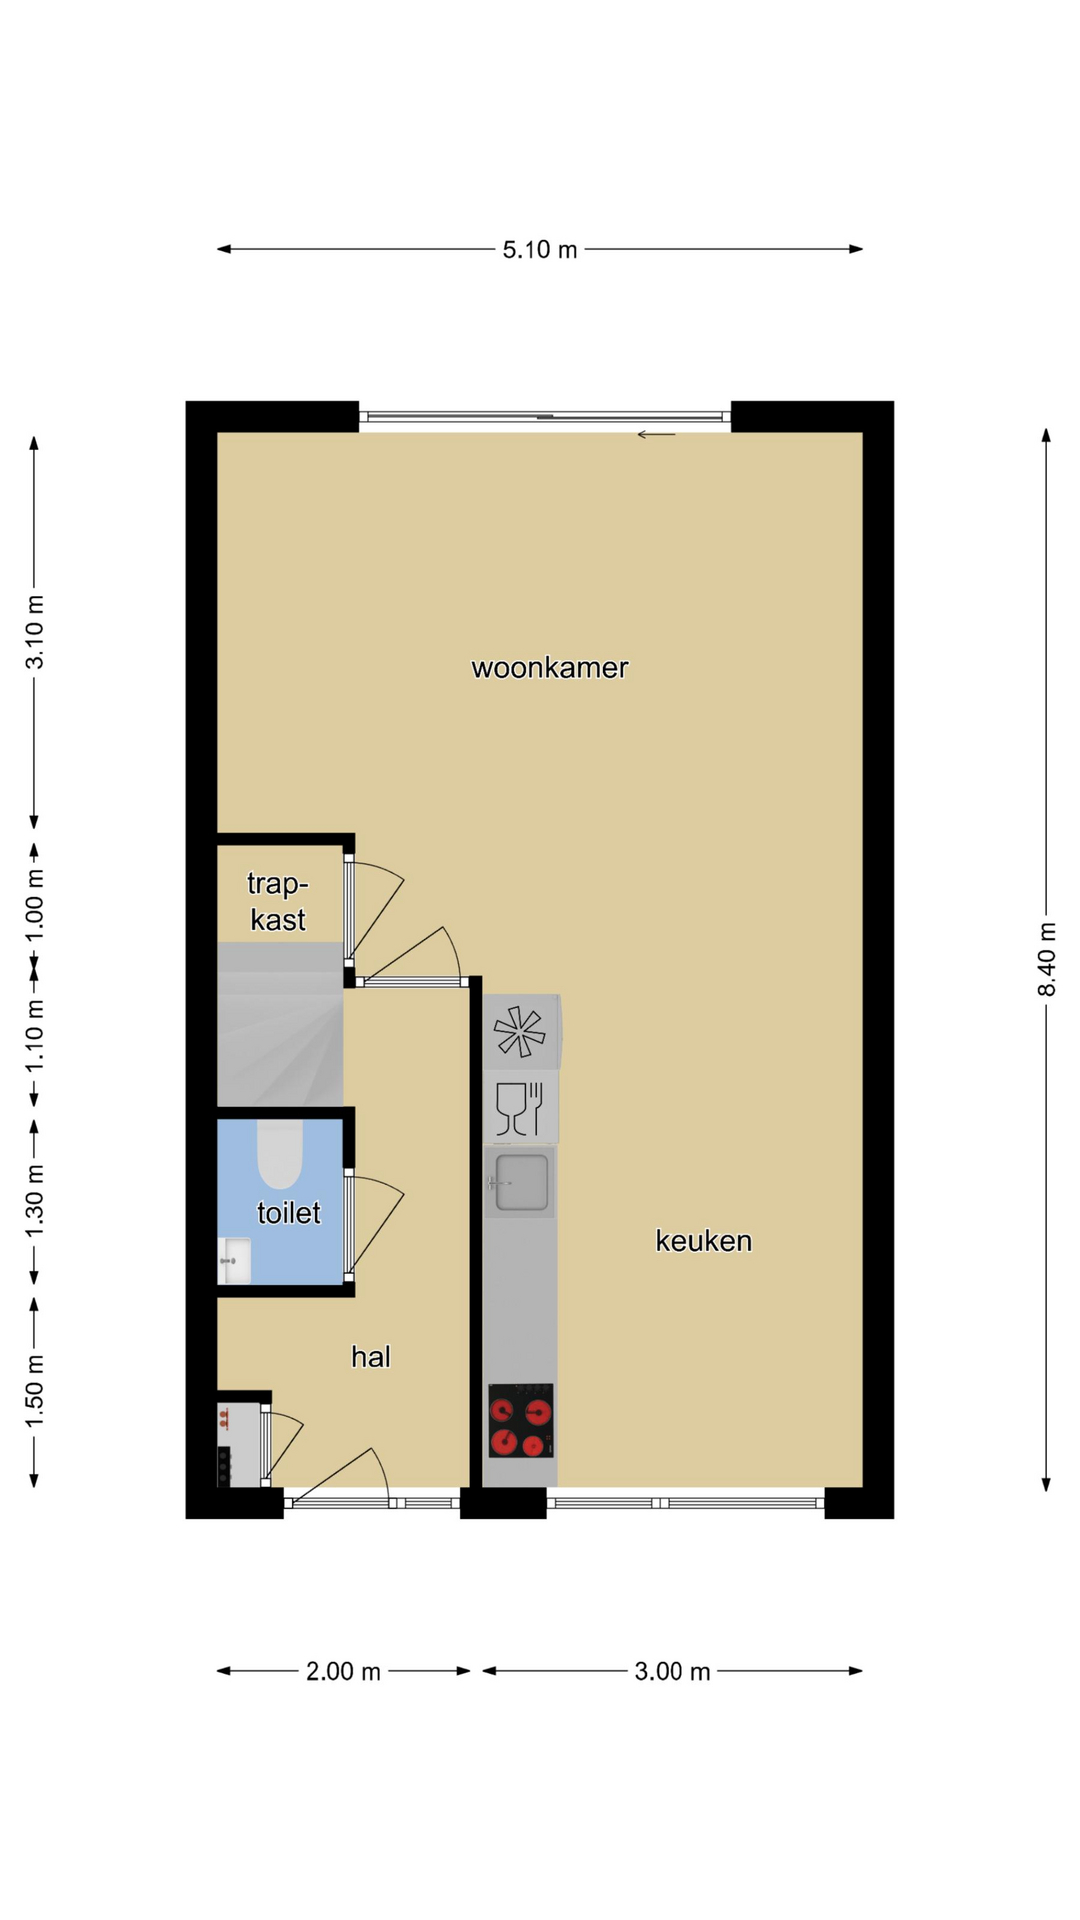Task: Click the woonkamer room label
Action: (550, 668)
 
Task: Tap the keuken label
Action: (703, 1241)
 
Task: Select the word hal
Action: (370, 1357)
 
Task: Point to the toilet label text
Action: (289, 1213)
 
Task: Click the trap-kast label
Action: (278, 901)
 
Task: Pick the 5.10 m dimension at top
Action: (540, 250)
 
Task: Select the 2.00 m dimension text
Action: (343, 1672)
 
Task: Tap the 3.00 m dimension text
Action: (672, 1672)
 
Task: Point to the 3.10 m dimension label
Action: (35, 632)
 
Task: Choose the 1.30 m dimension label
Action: (35, 1200)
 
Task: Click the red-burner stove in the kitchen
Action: (520, 1420)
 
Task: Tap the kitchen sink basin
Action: (521, 1182)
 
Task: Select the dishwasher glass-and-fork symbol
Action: (520, 1108)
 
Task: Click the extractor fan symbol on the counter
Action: (520, 1031)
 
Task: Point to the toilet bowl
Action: (280, 1154)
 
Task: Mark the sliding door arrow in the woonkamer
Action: (656, 435)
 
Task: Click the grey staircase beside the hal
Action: (280, 1024)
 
